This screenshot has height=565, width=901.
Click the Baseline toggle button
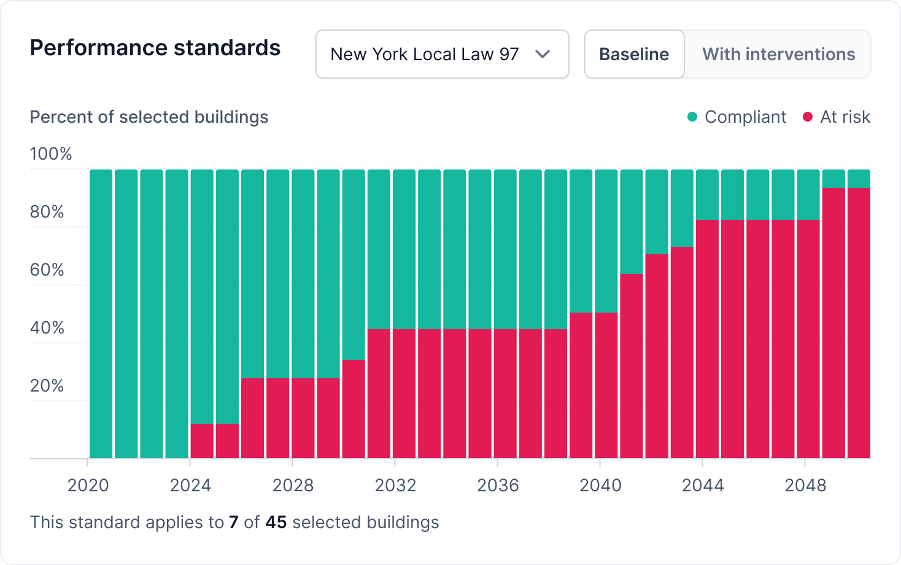tap(634, 54)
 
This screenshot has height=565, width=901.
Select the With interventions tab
tap(778, 54)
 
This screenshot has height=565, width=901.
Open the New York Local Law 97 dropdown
tap(442, 54)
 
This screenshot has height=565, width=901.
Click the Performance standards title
tap(155, 48)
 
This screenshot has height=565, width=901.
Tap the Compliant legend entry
tap(737, 117)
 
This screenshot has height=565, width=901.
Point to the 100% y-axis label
tap(51, 154)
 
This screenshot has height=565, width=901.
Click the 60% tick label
tap(47, 270)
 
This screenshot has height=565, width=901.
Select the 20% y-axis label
tap(47, 386)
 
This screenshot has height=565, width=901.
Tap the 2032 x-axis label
tap(395, 485)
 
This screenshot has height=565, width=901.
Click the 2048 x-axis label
tap(805, 485)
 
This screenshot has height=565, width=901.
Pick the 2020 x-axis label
tap(88, 485)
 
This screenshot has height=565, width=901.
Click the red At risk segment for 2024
tap(202, 441)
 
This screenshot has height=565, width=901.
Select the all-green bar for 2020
tap(101, 313)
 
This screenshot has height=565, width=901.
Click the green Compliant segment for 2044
tap(707, 194)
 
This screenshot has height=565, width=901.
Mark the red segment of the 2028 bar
tap(303, 418)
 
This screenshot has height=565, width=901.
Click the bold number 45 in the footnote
tap(276, 522)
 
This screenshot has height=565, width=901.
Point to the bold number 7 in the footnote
tap(233, 522)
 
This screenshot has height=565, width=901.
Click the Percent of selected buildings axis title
tap(149, 117)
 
